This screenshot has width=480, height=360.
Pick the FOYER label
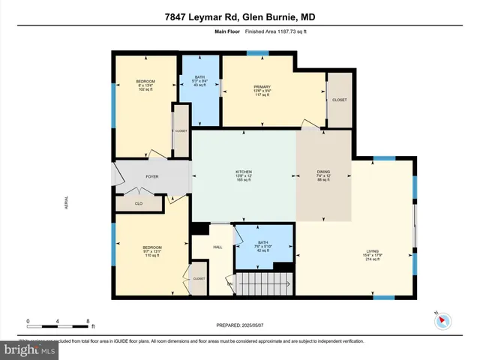152,177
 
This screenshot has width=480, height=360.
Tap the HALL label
217,246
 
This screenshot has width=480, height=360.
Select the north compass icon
442,319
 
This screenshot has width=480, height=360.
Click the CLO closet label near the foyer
138,202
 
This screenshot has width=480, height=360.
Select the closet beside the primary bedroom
340,99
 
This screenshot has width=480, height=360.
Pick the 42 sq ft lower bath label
262,247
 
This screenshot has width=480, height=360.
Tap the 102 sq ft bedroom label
145,86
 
